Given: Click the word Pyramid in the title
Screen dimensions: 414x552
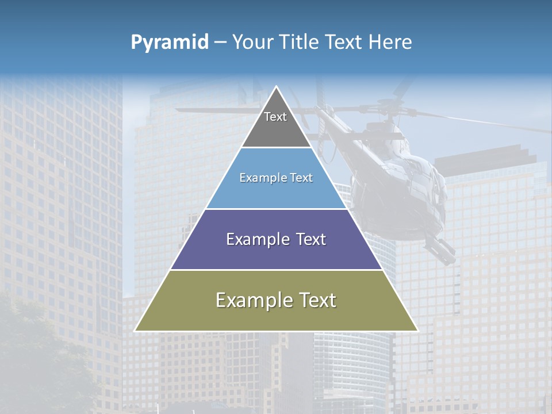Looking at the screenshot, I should pos(170,43).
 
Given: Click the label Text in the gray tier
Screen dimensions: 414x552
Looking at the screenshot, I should pos(275,117).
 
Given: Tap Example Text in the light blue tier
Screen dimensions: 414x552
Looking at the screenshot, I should pos(276,178).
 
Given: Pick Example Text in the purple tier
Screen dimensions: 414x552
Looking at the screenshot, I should pos(276,239).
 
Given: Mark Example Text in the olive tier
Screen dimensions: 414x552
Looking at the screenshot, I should pos(276,300).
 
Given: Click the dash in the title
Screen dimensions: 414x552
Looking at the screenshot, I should pos(220,43).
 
